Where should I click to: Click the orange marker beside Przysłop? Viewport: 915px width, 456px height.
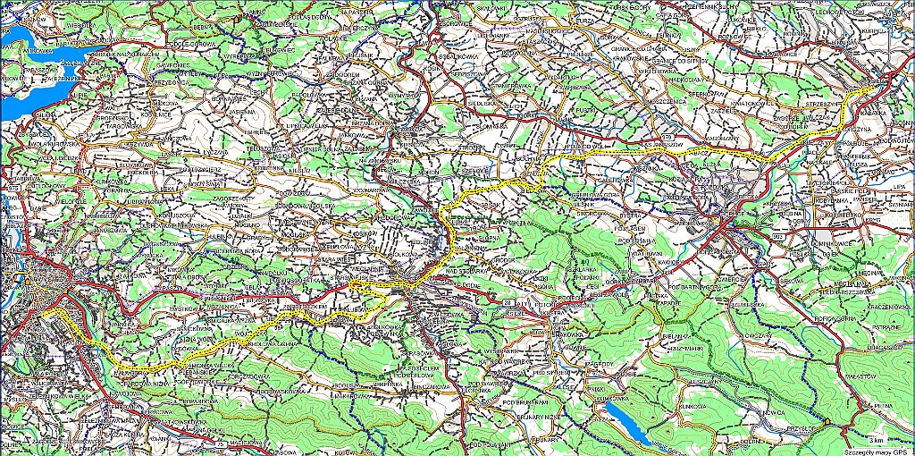tap(827, 421)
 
